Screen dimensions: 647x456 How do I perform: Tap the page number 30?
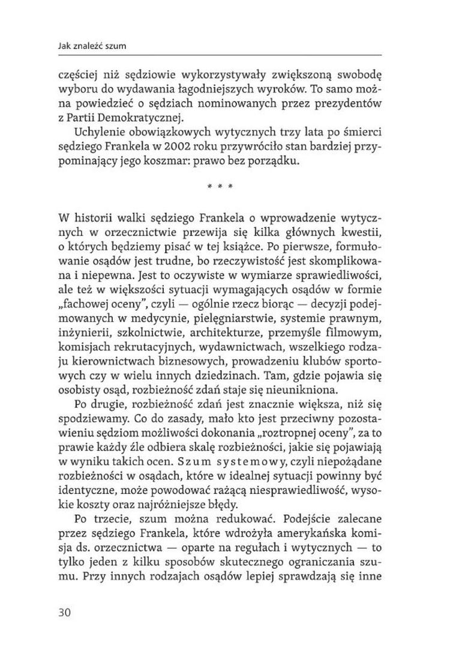(x=65, y=612)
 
